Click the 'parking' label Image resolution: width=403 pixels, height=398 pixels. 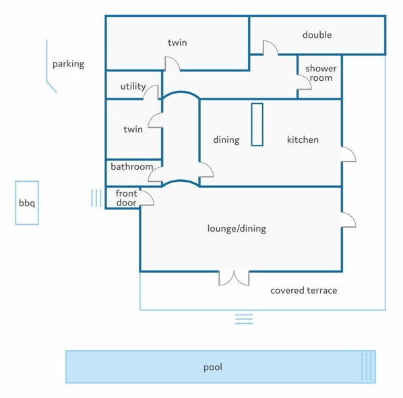point(68,65)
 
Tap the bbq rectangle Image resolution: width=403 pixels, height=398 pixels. point(27,203)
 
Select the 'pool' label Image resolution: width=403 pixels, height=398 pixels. point(213,368)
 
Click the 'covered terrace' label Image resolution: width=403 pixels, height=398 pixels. point(303,291)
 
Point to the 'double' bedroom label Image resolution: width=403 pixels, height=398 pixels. point(317,35)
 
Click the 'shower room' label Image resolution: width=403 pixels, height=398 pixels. point(320,73)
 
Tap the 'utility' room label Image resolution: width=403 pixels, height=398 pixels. point(133,86)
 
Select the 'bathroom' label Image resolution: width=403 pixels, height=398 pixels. point(131,166)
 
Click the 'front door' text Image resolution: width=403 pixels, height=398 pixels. point(126,198)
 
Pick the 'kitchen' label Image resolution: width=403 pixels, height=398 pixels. point(303,140)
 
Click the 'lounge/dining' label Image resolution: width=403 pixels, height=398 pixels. point(237,229)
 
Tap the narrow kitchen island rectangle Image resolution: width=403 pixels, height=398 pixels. point(257,125)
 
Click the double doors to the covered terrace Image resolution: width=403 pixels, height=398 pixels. point(234,277)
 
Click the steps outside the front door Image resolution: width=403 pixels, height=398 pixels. point(96,197)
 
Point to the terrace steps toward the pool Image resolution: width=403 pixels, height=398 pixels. point(244,319)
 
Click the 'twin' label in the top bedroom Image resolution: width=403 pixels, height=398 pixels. point(177,43)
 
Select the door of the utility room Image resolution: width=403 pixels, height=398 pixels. point(152,92)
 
